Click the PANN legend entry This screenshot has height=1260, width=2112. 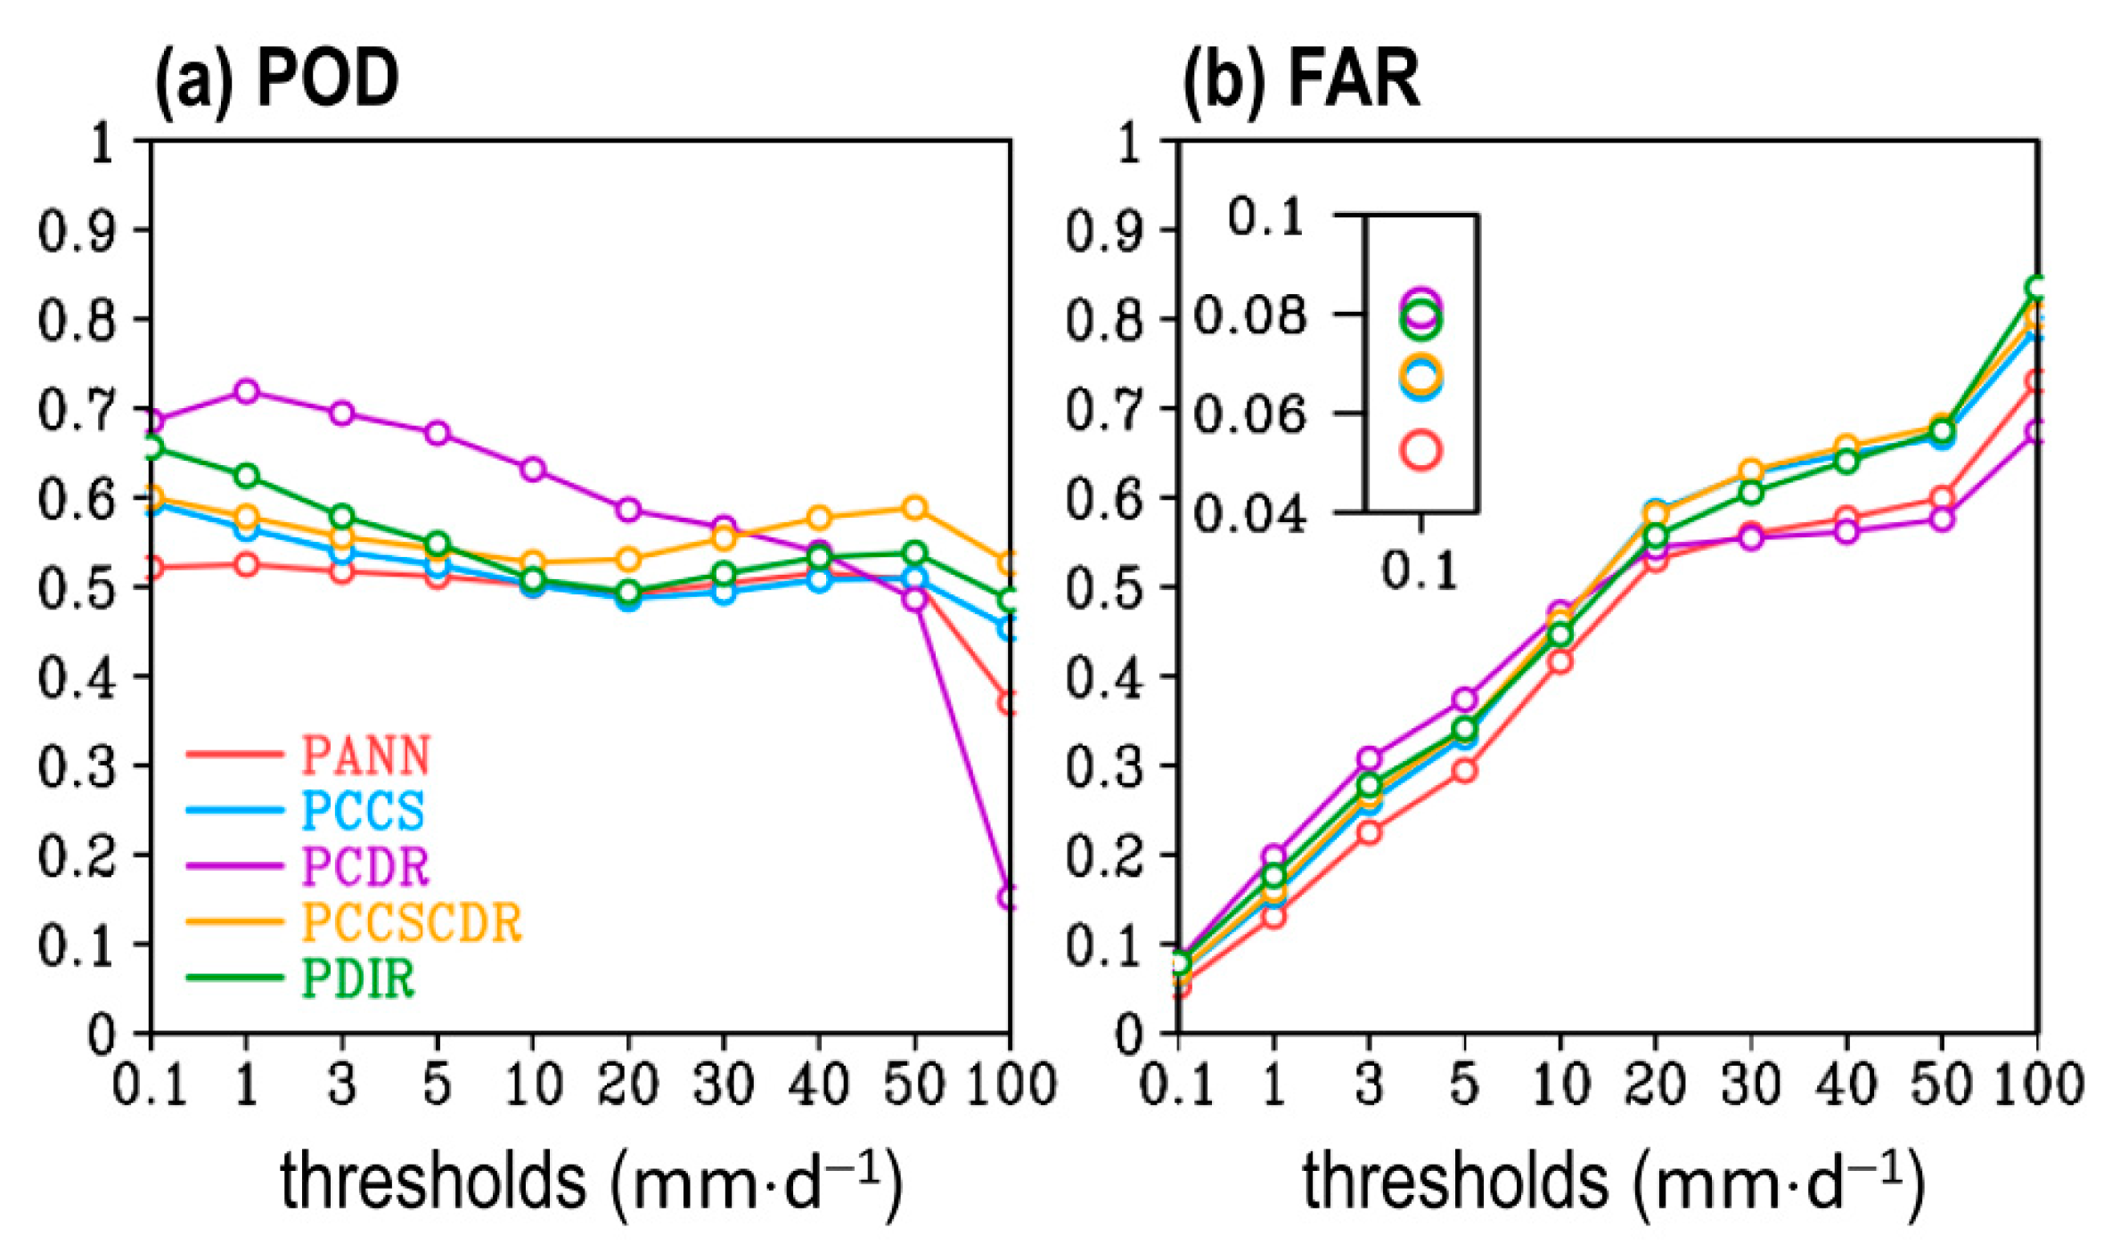coord(365,756)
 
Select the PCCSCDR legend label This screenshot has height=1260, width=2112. coord(412,921)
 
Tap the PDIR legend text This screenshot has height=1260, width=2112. coord(358,978)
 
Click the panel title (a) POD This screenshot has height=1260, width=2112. coord(277,79)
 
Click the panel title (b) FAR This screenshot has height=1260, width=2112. coord(1300,79)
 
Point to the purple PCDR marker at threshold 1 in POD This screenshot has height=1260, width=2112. coord(247,391)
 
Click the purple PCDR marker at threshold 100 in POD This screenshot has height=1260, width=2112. coord(1008,896)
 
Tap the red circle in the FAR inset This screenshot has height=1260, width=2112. coord(1420,450)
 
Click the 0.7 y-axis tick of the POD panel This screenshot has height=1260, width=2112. coord(77,411)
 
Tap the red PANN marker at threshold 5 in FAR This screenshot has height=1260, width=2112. coord(1464,770)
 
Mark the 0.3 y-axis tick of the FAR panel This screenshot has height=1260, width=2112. coord(1105,767)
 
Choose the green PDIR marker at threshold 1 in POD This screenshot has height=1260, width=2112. coord(247,476)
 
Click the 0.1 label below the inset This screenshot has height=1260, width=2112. coord(1419,569)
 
